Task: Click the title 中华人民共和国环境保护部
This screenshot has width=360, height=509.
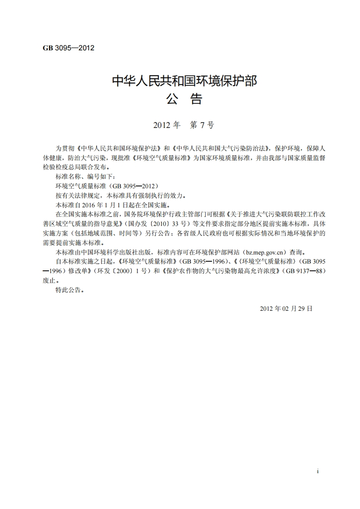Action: click(x=184, y=81)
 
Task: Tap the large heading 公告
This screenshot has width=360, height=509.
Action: click(x=184, y=99)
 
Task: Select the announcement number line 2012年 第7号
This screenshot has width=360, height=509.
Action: click(x=183, y=125)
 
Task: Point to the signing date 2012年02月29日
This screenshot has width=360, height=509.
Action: click(x=286, y=308)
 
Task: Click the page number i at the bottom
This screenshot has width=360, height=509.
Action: click(x=318, y=471)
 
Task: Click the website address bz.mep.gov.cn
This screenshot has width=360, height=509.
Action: click(x=267, y=252)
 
